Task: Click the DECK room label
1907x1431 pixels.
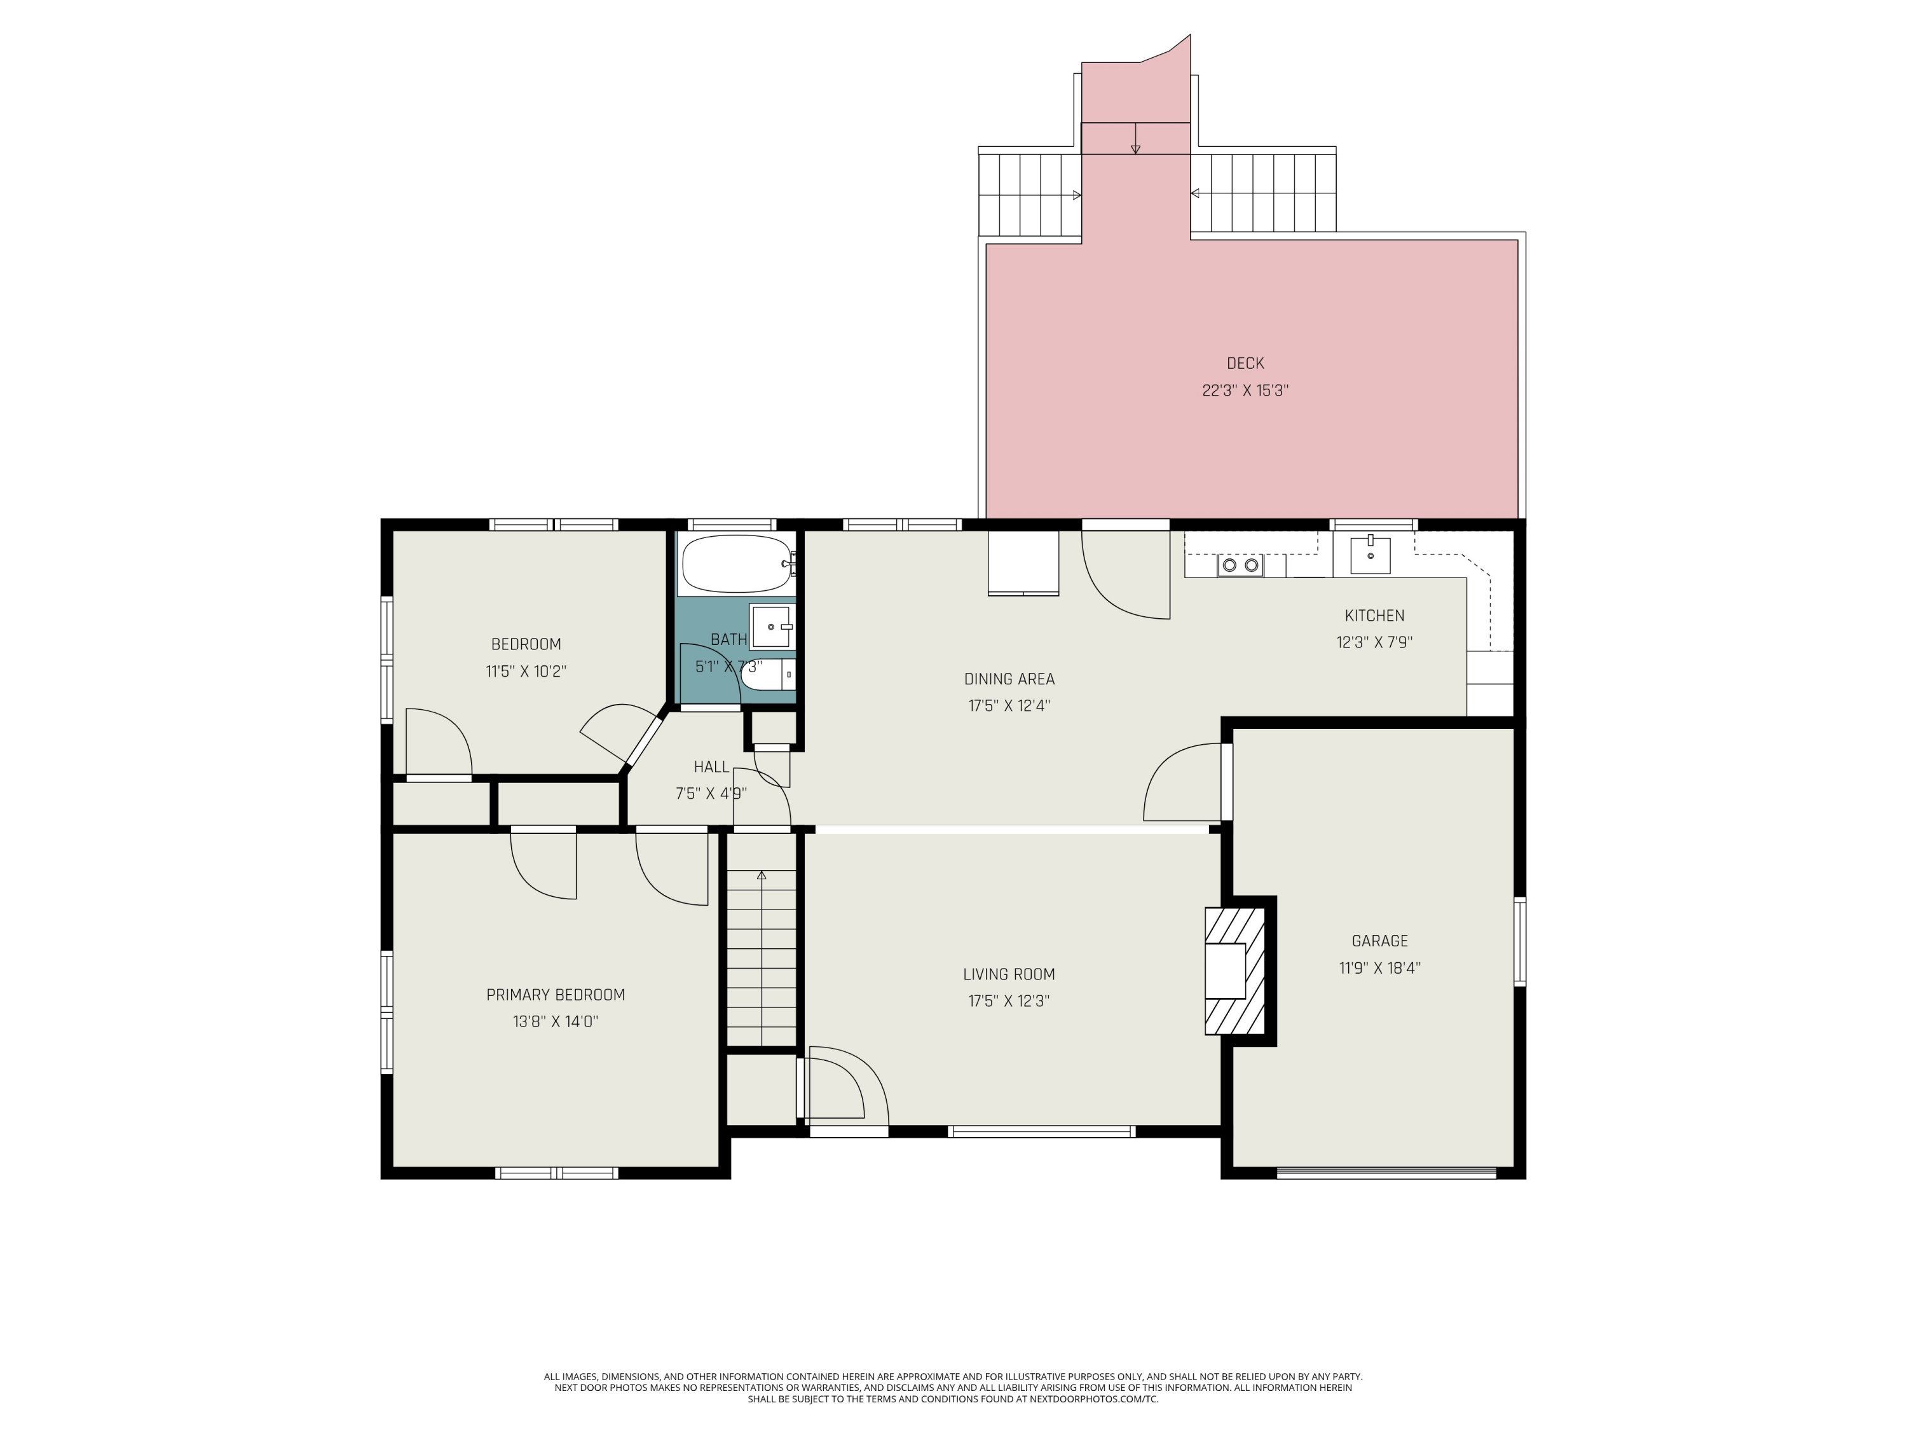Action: (1245, 363)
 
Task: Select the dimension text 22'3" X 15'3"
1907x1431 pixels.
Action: (1245, 390)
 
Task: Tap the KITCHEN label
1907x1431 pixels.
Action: (1374, 615)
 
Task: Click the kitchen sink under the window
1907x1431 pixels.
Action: (1370, 554)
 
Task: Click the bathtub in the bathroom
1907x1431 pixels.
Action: (735, 563)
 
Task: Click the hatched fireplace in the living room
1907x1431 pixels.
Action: (1234, 969)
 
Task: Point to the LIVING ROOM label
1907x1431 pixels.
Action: (1009, 974)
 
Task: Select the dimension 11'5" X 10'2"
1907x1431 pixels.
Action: (526, 670)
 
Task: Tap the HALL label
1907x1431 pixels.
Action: (711, 766)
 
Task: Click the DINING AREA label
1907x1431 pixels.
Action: (1009, 678)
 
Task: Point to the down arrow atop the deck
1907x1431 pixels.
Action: (1135, 148)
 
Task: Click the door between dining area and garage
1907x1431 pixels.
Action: (1226, 780)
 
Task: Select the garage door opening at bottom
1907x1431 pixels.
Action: (1386, 1172)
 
